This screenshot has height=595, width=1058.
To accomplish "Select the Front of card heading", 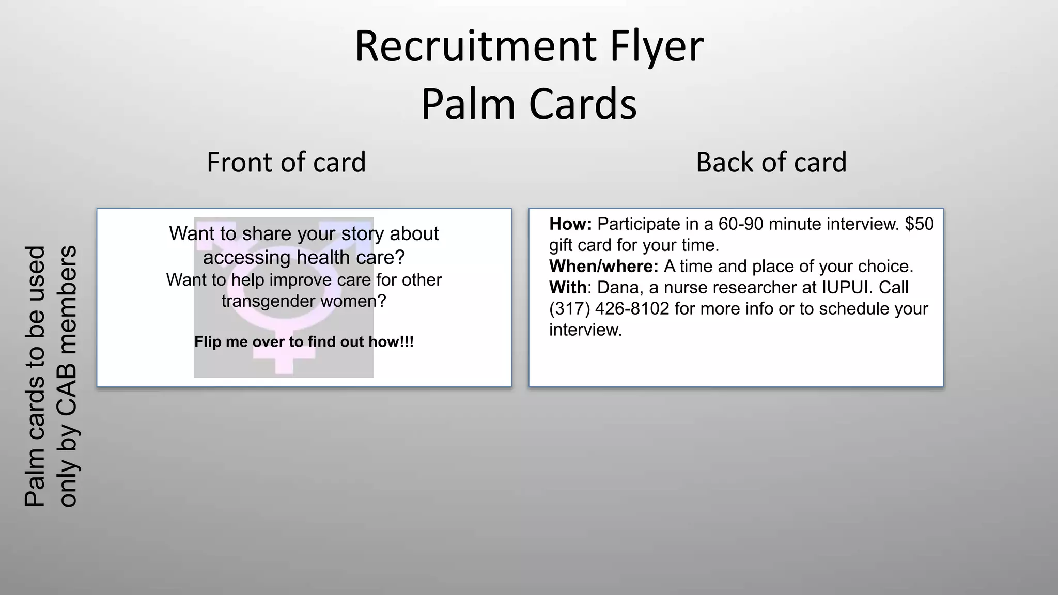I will pos(286,162).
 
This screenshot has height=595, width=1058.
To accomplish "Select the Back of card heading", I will pos(771,162).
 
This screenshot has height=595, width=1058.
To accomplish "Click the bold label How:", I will pos(570,224).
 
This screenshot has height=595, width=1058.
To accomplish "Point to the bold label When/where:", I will pos(603,267).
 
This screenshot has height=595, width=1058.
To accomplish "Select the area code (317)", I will pos(569,309).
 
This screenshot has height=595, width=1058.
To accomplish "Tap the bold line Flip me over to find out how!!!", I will pos(304,342).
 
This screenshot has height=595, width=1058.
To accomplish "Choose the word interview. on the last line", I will pos(585,330).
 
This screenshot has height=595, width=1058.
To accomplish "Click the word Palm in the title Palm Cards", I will pos(469,104).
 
